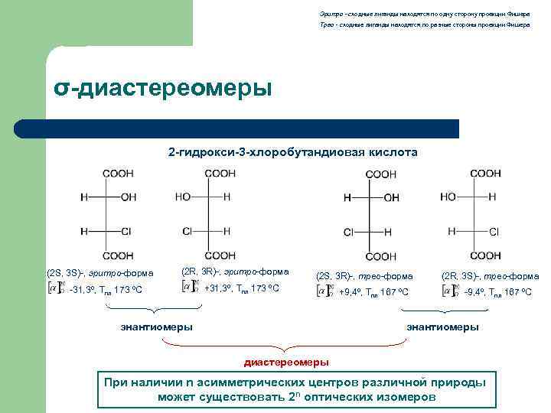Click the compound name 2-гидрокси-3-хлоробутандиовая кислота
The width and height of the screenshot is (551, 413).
click(293, 152)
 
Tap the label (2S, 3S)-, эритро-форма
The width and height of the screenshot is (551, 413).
click(99, 272)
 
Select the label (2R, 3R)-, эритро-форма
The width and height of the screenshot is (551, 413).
click(235, 272)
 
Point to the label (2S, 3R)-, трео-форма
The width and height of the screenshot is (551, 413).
click(364, 275)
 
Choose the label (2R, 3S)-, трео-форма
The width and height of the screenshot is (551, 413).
click(490, 275)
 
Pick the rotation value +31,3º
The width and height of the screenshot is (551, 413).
click(217, 288)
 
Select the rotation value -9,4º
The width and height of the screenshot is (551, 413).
click(476, 291)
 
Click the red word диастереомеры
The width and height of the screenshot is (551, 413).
click(286, 361)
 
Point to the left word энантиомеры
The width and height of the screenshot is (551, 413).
click(157, 327)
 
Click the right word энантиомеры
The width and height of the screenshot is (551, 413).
click(442, 327)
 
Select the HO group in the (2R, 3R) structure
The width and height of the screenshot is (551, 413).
click(183, 197)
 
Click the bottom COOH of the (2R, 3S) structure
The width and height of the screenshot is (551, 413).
click(485, 255)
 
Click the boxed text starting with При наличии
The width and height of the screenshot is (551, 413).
click(296, 389)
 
